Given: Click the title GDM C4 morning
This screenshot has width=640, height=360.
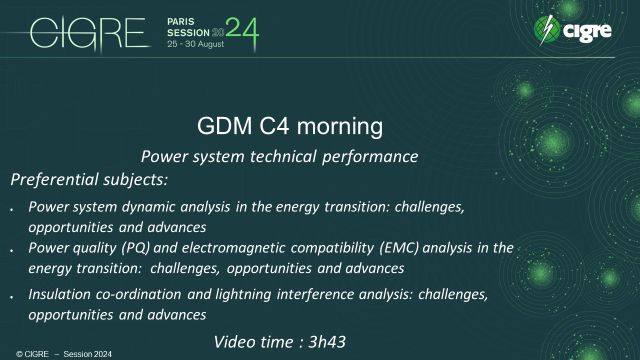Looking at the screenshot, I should [290, 127].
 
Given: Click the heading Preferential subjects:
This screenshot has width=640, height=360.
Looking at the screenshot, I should [89, 180].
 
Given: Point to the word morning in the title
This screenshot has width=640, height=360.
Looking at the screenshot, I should [335, 127].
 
